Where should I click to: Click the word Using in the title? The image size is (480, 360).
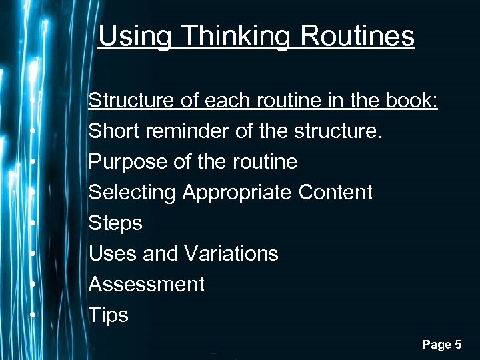(x=129, y=36)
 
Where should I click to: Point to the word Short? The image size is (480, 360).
(x=113, y=131)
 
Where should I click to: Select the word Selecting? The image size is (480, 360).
(x=133, y=193)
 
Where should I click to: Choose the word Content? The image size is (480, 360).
(x=336, y=193)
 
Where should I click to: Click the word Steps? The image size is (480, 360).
(x=115, y=223)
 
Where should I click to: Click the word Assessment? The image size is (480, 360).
(x=147, y=285)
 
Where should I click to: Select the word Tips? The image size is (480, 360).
(x=109, y=315)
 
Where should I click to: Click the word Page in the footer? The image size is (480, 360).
(x=436, y=345)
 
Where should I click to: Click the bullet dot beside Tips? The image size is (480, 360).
(x=33, y=313)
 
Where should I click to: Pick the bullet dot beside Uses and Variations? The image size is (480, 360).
(x=33, y=252)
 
